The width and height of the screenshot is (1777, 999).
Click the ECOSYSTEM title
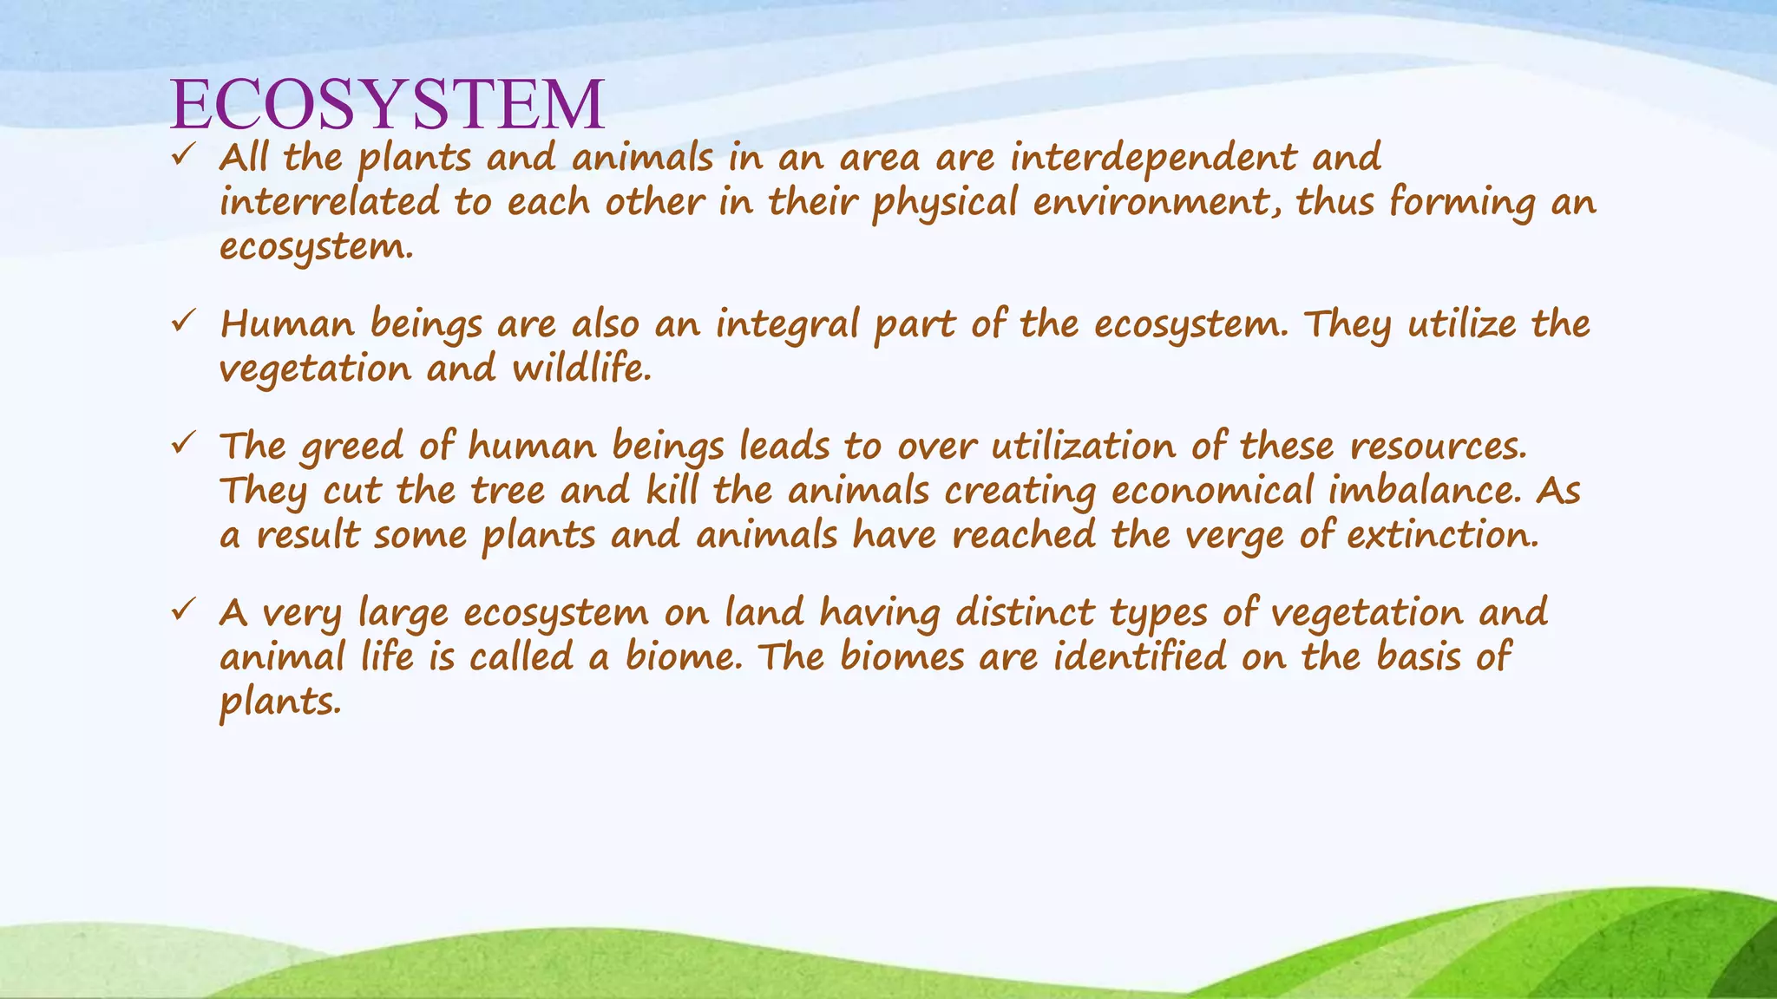[388, 104]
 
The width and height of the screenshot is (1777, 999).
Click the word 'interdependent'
[1153, 159]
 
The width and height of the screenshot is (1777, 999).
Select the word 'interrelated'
[330, 203]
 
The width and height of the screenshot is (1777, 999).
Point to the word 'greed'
[352, 448]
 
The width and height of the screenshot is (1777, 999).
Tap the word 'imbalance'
[1424, 492]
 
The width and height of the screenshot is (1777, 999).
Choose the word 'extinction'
[1441, 535]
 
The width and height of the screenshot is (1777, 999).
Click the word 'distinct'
[1025, 613]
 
